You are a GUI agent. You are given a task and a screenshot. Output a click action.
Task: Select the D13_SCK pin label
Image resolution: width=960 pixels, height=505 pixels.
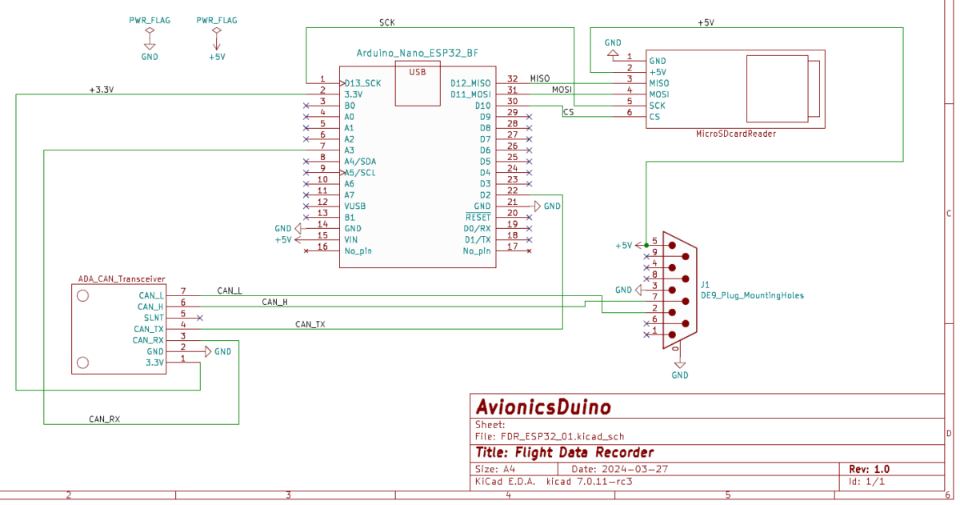click(362, 82)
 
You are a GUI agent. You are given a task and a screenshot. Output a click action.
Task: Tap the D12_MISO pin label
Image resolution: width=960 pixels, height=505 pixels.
click(470, 82)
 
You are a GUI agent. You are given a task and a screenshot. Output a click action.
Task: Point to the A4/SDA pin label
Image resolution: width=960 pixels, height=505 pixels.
click(360, 161)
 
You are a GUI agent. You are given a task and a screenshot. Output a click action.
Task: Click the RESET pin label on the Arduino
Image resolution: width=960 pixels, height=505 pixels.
click(478, 217)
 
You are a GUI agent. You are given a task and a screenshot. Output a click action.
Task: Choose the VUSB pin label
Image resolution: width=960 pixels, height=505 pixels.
click(354, 206)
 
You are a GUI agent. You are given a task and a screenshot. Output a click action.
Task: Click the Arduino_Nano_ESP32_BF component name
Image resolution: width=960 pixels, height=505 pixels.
click(417, 53)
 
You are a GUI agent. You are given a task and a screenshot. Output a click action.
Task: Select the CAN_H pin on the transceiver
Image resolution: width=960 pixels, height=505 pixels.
click(150, 307)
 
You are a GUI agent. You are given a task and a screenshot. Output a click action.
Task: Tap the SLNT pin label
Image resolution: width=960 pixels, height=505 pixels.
click(154, 318)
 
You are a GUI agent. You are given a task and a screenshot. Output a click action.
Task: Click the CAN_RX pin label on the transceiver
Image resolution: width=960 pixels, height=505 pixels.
click(149, 340)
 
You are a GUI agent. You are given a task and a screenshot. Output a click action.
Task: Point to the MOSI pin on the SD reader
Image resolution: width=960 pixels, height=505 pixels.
click(658, 94)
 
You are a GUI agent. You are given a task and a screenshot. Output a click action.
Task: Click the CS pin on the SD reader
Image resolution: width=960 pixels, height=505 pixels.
click(654, 116)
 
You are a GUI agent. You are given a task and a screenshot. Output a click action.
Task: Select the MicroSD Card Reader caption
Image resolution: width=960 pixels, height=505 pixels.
click(735, 134)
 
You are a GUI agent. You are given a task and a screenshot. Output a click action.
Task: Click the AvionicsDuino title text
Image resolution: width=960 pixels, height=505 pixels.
click(543, 407)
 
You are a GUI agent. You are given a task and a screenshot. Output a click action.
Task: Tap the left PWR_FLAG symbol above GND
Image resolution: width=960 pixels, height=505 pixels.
click(149, 31)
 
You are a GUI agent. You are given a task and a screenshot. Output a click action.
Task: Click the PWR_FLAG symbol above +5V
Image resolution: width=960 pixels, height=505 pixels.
click(216, 31)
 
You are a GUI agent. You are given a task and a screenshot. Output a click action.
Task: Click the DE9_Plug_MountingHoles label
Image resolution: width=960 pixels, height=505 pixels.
click(752, 295)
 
